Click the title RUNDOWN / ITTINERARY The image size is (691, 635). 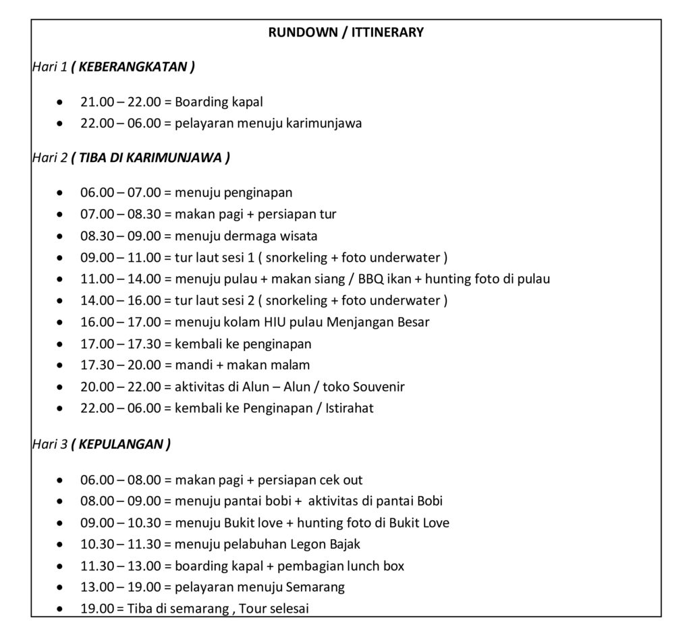pos(345,32)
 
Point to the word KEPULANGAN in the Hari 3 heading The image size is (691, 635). pos(120,444)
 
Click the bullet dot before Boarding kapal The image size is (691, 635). pos(61,103)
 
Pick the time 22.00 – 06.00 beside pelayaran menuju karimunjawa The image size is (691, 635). pos(120,123)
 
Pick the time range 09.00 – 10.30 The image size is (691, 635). pos(120,522)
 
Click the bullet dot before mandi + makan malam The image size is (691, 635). pos(61,366)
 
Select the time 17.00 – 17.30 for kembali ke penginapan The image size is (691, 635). pos(120,343)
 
